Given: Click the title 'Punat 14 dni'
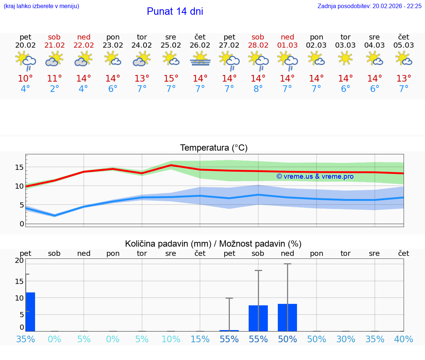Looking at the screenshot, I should [x=175, y=11].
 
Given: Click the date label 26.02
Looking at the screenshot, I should [x=200, y=45].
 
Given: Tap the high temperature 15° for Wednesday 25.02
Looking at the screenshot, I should [x=171, y=78].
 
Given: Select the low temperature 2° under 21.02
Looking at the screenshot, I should [x=54, y=89].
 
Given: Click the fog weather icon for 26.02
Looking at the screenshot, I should [x=200, y=59].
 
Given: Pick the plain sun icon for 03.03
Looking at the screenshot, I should [x=345, y=58].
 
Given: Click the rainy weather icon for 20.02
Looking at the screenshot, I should [x=25, y=60].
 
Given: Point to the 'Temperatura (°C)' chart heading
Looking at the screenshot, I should [x=214, y=148].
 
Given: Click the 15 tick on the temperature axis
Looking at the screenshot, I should [x=19, y=167].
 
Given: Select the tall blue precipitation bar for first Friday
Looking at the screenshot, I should [x=30, y=312].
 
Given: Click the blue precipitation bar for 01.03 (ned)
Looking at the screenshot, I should [x=287, y=318].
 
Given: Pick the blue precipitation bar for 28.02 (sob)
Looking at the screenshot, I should [x=258, y=318].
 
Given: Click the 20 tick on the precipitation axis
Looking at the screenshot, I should [x=19, y=260].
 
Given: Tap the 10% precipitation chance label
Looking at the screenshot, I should [x=171, y=339].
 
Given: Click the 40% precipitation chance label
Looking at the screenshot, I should [x=404, y=339].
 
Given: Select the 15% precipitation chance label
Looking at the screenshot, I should [x=200, y=339].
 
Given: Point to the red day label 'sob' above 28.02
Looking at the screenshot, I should [x=258, y=37].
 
